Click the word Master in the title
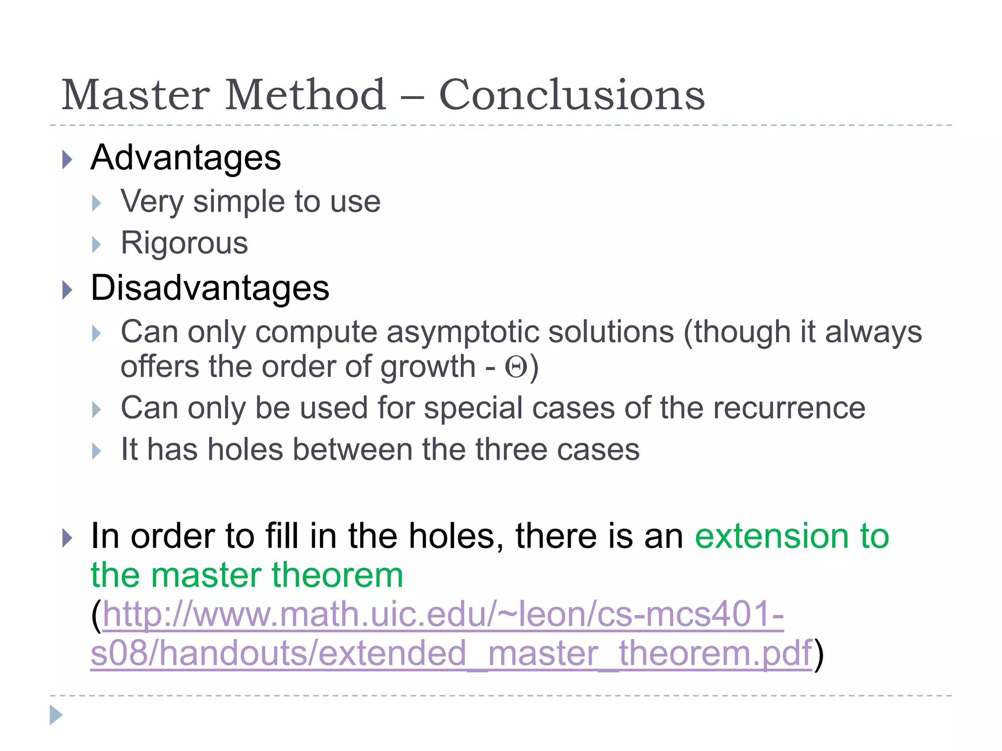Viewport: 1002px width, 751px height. (x=136, y=95)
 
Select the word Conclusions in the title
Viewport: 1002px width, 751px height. (x=571, y=95)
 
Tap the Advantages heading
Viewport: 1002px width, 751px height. (x=186, y=158)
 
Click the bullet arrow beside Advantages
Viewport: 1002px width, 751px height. (x=68, y=160)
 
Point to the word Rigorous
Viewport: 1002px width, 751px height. (x=184, y=243)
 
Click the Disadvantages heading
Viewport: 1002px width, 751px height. (x=210, y=288)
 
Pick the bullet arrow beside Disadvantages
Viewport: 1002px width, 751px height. (x=68, y=290)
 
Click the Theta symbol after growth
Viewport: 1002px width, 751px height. (x=516, y=367)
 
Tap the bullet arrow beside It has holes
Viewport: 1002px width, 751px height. (x=96, y=451)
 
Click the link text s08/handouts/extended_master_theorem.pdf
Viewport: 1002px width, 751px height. (x=451, y=653)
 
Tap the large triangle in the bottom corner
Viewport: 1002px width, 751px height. (x=56, y=715)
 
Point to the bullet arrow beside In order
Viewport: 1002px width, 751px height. (x=68, y=538)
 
